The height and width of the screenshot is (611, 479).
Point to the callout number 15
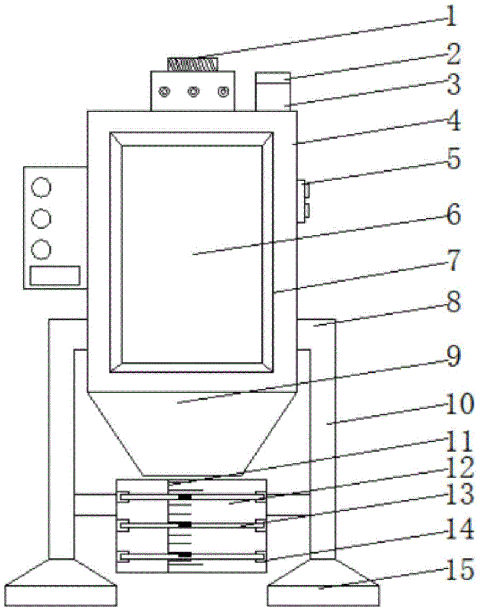tap(459, 571)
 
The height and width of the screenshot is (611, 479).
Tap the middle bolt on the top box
tap(193, 92)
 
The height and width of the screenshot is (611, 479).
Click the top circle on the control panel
tap(41, 187)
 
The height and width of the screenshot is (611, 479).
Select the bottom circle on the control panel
tap(41, 249)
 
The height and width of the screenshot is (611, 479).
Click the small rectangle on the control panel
tap(55, 275)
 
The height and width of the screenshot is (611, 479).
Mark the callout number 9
tap(453, 358)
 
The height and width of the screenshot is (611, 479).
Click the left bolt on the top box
tap(164, 92)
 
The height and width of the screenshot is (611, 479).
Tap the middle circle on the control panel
tap(41, 218)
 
